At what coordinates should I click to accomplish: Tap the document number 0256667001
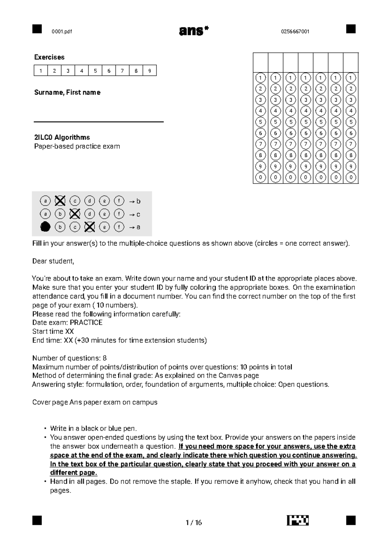click(x=295, y=31)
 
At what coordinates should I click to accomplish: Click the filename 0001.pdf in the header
click(x=62, y=31)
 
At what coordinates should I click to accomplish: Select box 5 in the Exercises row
click(x=95, y=70)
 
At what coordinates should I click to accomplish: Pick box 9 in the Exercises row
click(x=149, y=70)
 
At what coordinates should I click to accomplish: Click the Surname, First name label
click(x=67, y=92)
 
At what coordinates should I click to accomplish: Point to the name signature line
click(x=99, y=122)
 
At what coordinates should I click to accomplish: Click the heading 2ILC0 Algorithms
click(x=62, y=137)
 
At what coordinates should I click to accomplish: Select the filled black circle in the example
click(x=46, y=227)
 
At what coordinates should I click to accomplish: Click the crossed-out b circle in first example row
click(x=60, y=201)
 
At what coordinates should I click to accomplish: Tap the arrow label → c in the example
click(x=135, y=214)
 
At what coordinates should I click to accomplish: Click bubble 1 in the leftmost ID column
click(x=261, y=78)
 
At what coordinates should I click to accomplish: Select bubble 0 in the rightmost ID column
click(x=351, y=177)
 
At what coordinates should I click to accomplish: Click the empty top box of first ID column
click(x=261, y=62)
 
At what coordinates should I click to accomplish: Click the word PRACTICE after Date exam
click(x=86, y=322)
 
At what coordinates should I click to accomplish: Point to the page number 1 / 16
click(x=194, y=522)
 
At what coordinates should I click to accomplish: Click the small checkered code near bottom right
click(x=297, y=521)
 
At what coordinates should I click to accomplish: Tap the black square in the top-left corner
click(x=37, y=29)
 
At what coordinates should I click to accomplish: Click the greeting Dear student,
click(x=53, y=261)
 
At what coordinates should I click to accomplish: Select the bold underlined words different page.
click(x=73, y=473)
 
